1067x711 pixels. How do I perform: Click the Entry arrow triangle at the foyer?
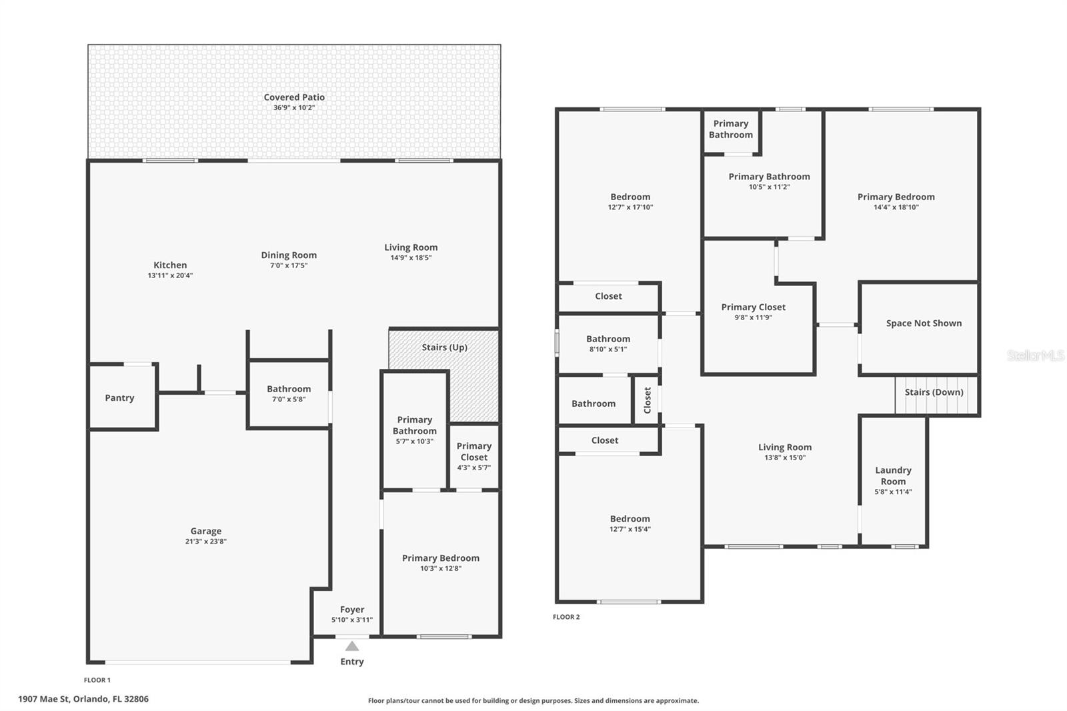pos(352,646)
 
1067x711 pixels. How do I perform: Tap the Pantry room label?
pos(119,398)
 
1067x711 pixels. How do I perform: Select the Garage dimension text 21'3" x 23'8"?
pos(205,542)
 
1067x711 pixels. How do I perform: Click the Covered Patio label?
pos(294,97)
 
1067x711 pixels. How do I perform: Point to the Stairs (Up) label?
pos(444,347)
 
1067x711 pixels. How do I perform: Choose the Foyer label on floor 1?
pos(352,610)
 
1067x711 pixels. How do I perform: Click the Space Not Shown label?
pos(924,323)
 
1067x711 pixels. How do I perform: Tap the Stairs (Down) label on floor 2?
pos(934,392)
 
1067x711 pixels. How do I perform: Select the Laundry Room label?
pos(893,476)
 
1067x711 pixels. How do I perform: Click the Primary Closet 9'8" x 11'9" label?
pos(753,307)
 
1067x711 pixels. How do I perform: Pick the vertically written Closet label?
pos(647,401)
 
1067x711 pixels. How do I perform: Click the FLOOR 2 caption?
pos(566,617)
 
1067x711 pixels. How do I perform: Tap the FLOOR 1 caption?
pos(97,680)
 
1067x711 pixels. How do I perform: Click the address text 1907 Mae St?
pos(83,699)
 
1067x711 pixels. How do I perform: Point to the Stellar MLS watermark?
pos(1035,355)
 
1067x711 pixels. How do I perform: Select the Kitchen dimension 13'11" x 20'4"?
pos(170,275)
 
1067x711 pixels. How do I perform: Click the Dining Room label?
pos(289,255)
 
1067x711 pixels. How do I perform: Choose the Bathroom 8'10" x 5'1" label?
pos(608,339)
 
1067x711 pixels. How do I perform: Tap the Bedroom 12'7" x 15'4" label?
pos(630,519)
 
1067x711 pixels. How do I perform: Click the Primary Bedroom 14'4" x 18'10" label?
pos(896,197)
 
